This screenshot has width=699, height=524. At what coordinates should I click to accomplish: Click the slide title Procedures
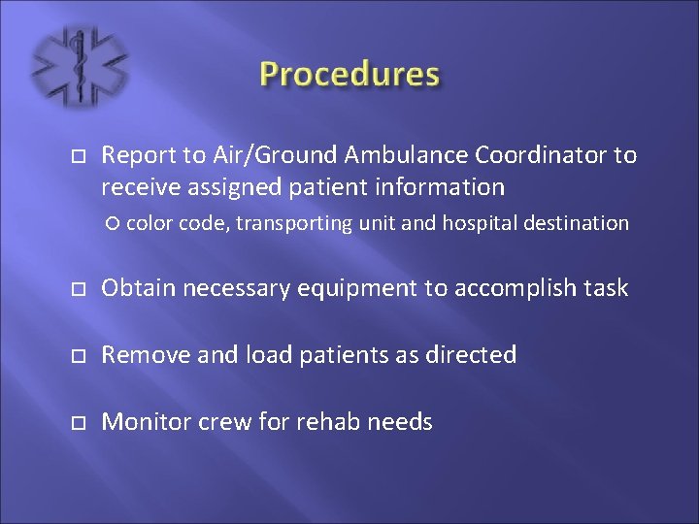pos(349,75)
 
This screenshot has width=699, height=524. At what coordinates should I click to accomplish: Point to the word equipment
pos(341,288)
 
